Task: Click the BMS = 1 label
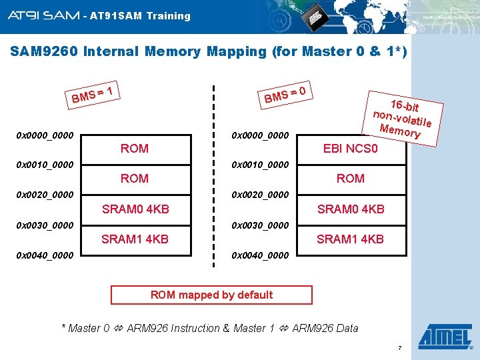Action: (95, 93)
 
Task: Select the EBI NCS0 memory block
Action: (351, 148)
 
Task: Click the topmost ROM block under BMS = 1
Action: (135, 148)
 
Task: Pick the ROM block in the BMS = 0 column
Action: (351, 178)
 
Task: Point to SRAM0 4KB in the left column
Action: (135, 209)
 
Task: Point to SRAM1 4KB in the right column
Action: (351, 239)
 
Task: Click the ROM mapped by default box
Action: (211, 295)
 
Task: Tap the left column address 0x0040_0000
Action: (45, 255)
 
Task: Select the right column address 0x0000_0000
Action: (260, 135)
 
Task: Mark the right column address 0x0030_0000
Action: (260, 225)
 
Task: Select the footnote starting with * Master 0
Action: (209, 328)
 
